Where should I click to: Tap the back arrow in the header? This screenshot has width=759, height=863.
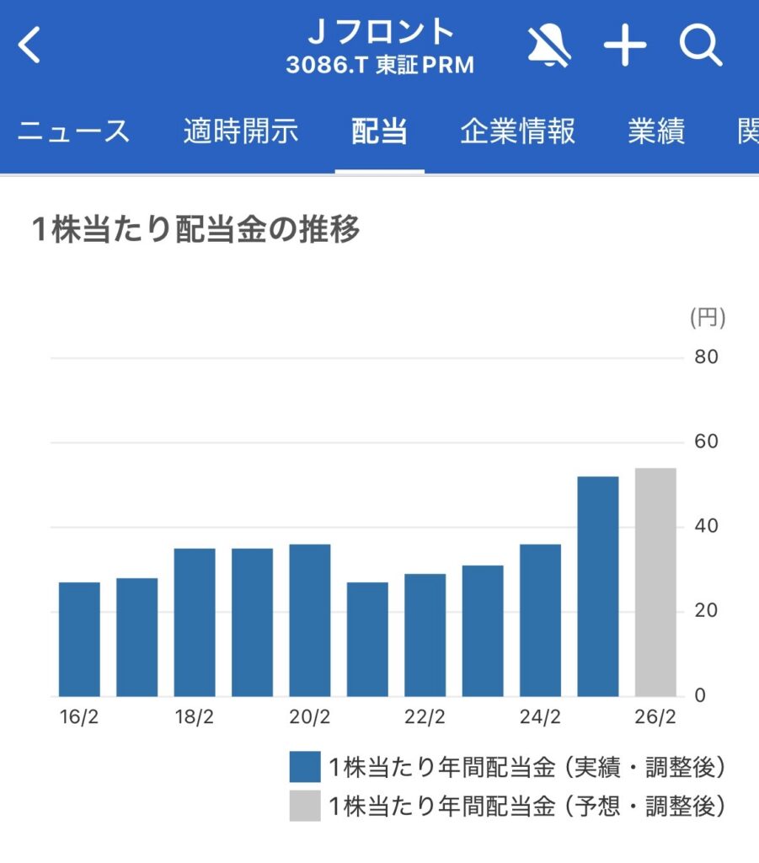click(x=29, y=46)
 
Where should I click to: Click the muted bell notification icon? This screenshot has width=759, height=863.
click(x=549, y=46)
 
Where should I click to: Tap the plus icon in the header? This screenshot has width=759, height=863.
click(x=625, y=46)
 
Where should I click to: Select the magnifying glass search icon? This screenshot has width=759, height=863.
click(x=701, y=46)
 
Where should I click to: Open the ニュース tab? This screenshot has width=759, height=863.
click(x=74, y=132)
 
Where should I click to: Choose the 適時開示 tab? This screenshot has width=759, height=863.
click(x=240, y=132)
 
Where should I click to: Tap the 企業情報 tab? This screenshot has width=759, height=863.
click(x=517, y=132)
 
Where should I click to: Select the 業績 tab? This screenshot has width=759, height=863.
click(x=656, y=132)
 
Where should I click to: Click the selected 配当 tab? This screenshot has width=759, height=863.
click(x=379, y=132)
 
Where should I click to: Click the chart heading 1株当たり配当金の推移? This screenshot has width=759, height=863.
click(x=195, y=230)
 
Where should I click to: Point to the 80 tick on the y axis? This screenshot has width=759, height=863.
click(x=706, y=357)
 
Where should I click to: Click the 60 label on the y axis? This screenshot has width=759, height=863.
click(x=706, y=442)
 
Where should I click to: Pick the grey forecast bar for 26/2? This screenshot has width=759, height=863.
click(x=655, y=582)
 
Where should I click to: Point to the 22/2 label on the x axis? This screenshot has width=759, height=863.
click(x=425, y=718)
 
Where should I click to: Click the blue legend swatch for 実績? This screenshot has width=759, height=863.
click(x=305, y=768)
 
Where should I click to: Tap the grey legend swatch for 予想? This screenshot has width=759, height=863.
click(x=305, y=806)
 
